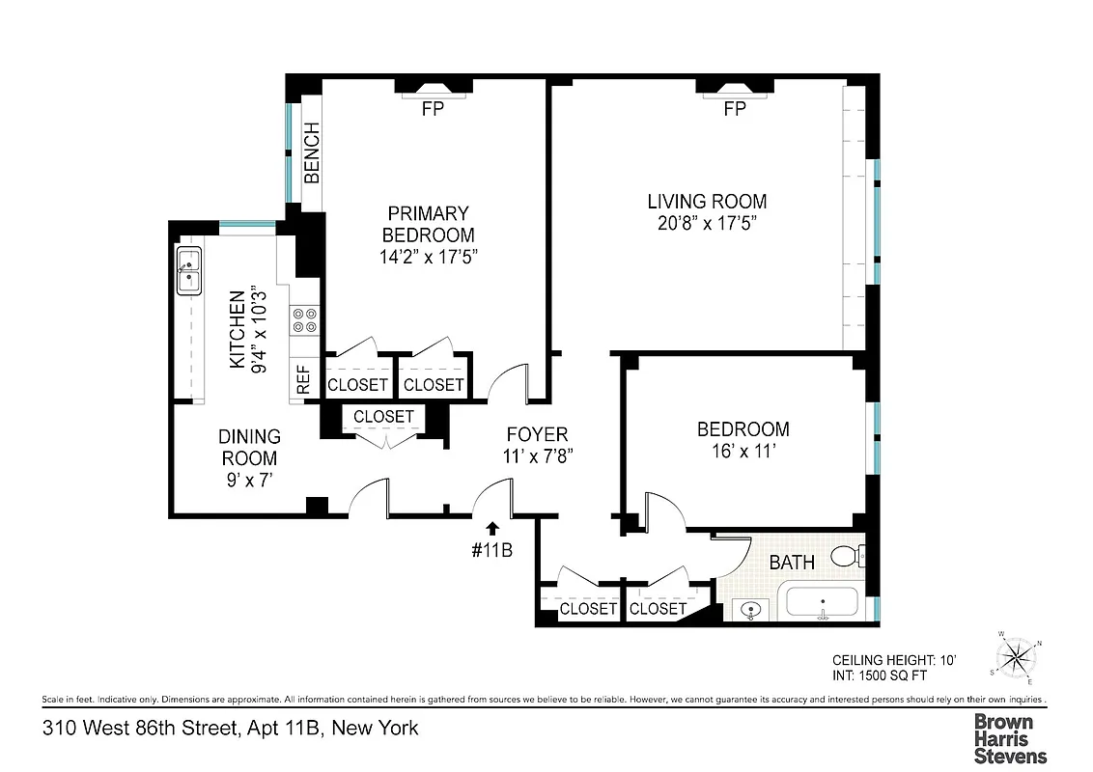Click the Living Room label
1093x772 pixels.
click(707, 202)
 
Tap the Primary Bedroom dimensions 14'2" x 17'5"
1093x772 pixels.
click(429, 257)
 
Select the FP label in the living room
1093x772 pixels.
click(735, 109)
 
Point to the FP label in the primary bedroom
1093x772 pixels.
click(433, 109)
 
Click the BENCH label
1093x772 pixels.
click(312, 152)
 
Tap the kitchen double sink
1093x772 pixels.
click(189, 269)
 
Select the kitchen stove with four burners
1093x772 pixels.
click(306, 319)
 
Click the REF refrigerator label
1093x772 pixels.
click(303, 379)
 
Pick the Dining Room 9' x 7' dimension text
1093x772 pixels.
click(248, 480)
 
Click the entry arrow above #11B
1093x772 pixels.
click(493, 528)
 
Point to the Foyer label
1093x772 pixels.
click(537, 434)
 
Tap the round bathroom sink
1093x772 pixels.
click(750, 609)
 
